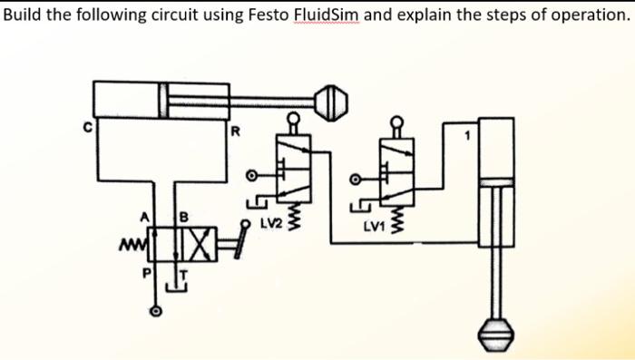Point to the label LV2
pyautogui.click(x=269, y=221)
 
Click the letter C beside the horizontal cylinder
pyautogui.click(x=87, y=128)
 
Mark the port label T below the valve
pyautogui.click(x=182, y=272)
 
